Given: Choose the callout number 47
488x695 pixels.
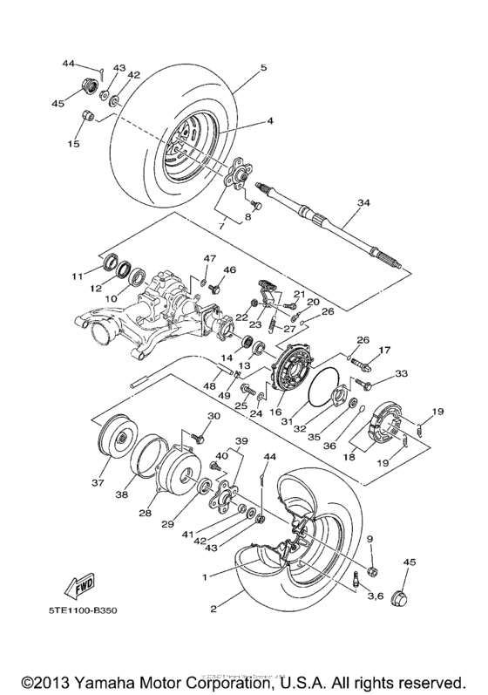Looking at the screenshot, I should [209, 259].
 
